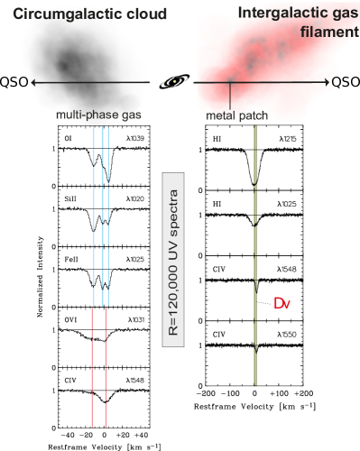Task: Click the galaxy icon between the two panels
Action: point(174,81)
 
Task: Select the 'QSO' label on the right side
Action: point(345,82)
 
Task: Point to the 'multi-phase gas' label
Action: point(97,116)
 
